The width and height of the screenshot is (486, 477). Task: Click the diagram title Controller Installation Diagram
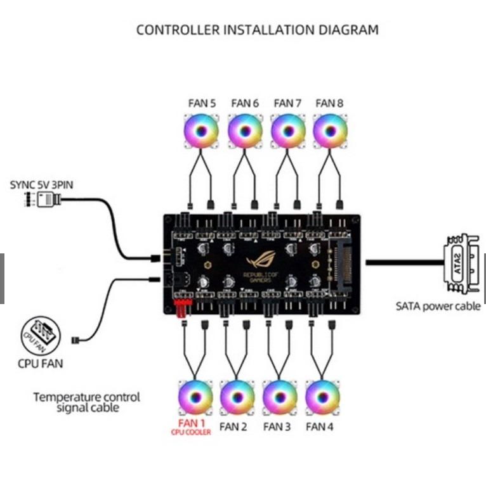257,30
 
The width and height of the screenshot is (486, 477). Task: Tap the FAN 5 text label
201,103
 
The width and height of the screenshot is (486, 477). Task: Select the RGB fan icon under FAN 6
244,130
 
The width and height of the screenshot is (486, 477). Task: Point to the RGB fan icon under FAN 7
287,130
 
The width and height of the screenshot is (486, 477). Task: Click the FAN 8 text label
329,103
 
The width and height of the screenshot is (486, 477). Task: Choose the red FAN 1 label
192,423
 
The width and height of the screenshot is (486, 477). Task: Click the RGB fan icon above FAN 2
237,397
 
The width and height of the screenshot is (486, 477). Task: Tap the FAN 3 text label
277,427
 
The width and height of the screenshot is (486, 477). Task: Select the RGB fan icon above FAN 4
322,397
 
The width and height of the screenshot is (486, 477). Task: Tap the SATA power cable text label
438,307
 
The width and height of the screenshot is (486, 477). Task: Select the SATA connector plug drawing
461,264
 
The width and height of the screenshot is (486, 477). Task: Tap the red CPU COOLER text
191,433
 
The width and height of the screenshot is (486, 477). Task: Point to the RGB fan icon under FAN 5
201,130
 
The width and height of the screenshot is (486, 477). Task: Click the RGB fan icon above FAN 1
194,397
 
